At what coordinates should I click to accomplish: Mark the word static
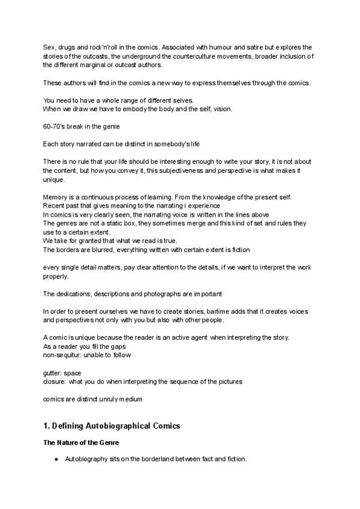point(114,223)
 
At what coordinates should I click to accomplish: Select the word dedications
point(74,294)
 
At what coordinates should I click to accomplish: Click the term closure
point(55,381)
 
